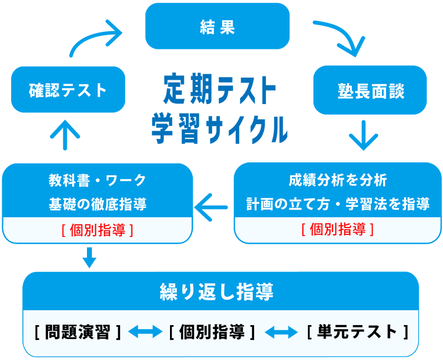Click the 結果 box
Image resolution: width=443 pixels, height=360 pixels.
coord(217,26)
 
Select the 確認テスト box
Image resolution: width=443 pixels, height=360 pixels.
coord(68,89)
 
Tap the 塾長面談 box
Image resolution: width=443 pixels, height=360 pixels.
coord(370,90)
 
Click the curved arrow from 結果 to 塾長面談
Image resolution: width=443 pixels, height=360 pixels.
coord(340,38)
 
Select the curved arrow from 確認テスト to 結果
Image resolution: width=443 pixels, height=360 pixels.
coord(94,39)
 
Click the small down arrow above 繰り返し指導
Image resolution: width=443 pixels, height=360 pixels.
coord(89,257)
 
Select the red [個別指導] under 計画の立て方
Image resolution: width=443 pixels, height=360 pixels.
coord(337,229)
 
